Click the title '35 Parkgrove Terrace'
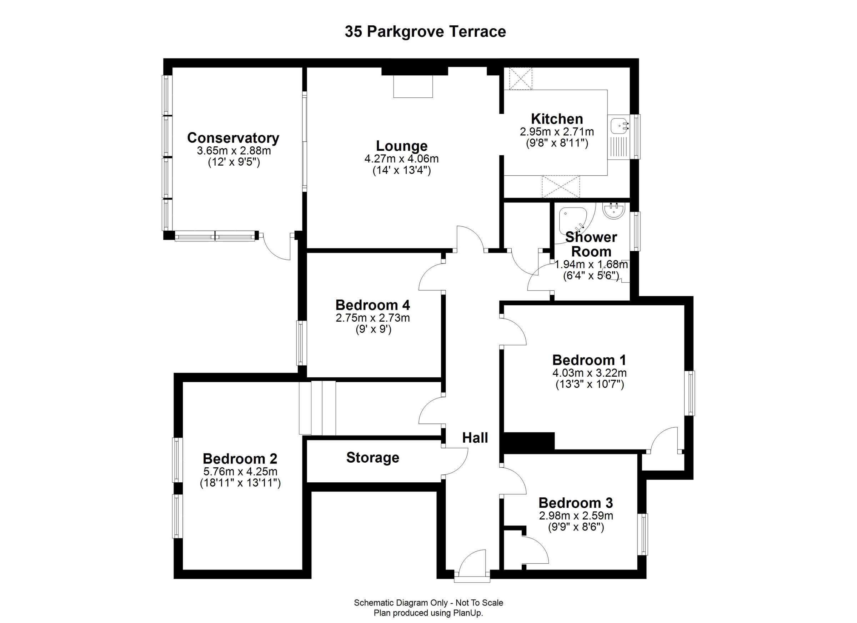pyautogui.click(x=425, y=32)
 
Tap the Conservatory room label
pyautogui.click(x=233, y=138)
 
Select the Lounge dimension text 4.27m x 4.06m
pyautogui.click(x=401, y=159)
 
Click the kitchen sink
pyautogui.click(x=619, y=125)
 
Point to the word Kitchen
pyautogui.click(x=557, y=119)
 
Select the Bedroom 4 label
pyautogui.click(x=372, y=305)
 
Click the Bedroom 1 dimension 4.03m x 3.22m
pyautogui.click(x=590, y=373)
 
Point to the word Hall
pyautogui.click(x=475, y=438)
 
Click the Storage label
pyautogui.click(x=372, y=458)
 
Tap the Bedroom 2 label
pyautogui.click(x=240, y=459)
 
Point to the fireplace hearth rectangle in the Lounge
pyautogui.click(x=413, y=86)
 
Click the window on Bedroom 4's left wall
pyautogui.click(x=301, y=343)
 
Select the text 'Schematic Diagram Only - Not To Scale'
pyautogui.click(x=428, y=603)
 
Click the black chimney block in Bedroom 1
pyautogui.click(x=529, y=441)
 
